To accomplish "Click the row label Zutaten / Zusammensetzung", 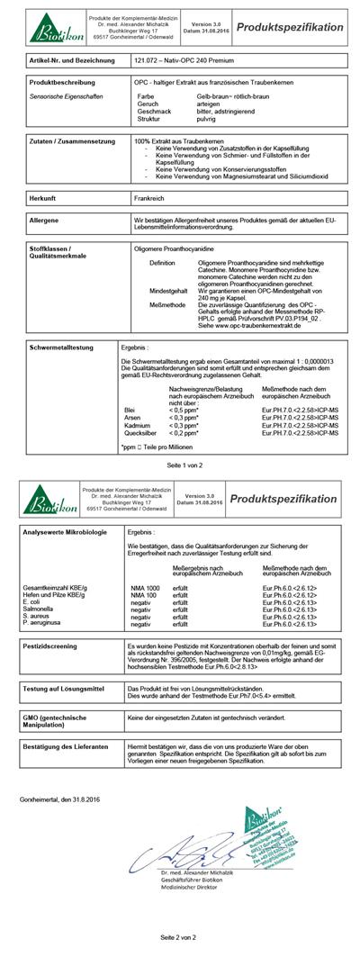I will [72, 142].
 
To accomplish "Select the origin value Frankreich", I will [148, 196].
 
